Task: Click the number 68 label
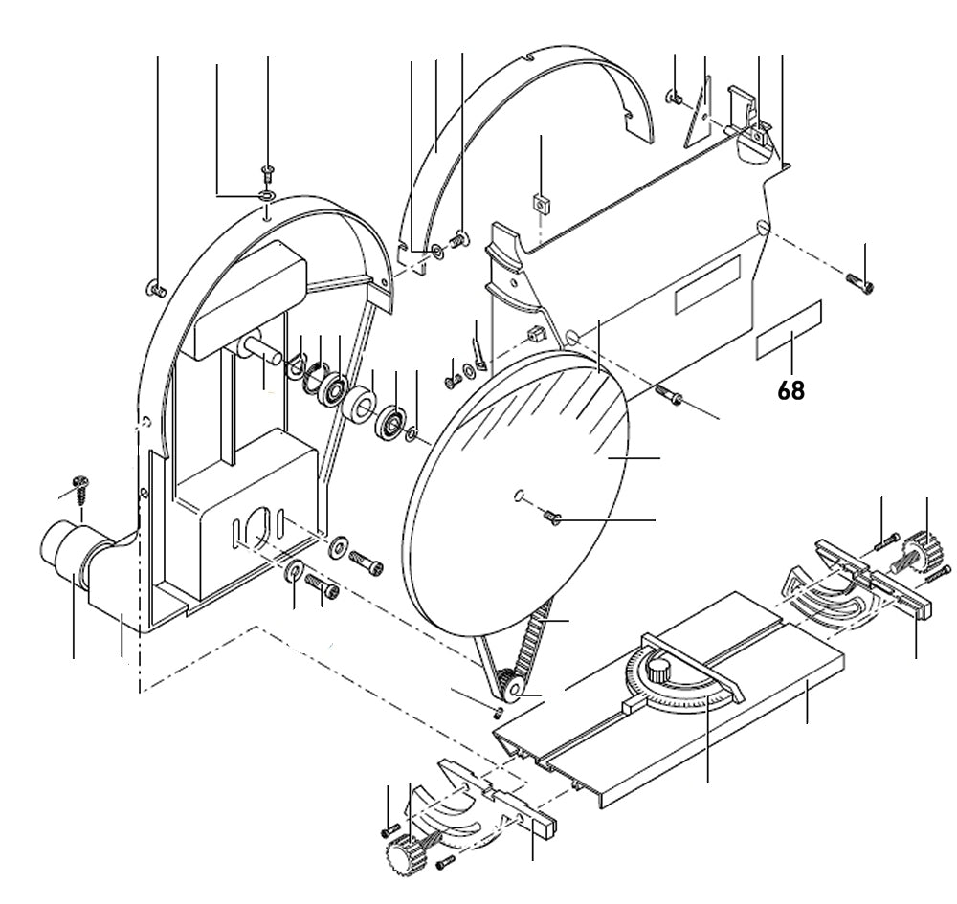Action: point(791,390)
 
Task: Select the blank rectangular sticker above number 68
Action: point(789,331)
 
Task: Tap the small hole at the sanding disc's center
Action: point(518,496)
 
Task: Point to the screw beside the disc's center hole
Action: point(552,518)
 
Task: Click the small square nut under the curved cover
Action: point(541,202)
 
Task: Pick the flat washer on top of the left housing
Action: point(267,196)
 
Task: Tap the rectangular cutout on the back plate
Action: point(708,287)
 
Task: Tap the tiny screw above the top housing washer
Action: point(267,173)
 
